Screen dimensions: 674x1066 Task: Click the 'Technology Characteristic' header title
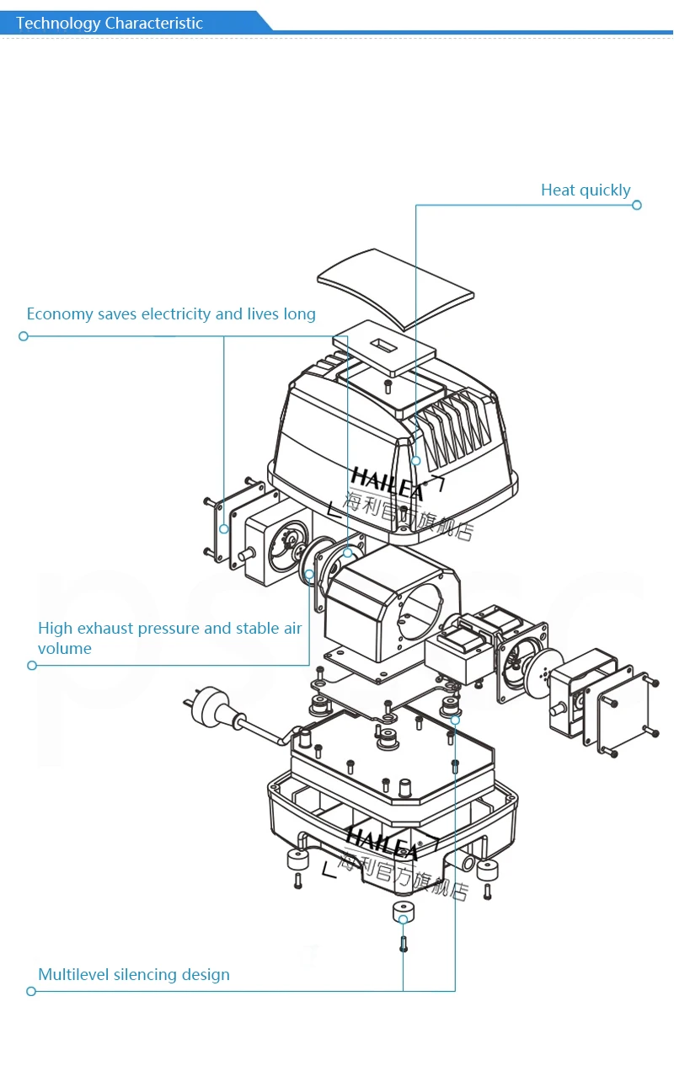(110, 23)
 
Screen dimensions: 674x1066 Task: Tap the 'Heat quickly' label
(586, 190)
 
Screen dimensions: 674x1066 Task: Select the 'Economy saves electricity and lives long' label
(171, 314)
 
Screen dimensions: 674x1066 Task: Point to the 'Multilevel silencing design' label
(134, 975)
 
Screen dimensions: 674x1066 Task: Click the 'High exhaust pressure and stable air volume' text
(170, 638)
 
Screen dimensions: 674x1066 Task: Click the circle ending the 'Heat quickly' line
(637, 205)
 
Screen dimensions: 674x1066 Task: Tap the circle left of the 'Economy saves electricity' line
(24, 336)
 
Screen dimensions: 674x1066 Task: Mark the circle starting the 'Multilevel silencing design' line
(31, 991)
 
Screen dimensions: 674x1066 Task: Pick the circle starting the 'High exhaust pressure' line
(32, 665)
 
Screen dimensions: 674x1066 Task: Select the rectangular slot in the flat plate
(383, 345)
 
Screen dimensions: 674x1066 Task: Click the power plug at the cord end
(214, 709)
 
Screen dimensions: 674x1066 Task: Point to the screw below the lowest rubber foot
(404, 944)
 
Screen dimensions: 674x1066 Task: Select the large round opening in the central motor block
(420, 613)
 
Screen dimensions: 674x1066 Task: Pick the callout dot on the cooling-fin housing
(415, 461)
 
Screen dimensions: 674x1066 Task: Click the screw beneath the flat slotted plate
(388, 386)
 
